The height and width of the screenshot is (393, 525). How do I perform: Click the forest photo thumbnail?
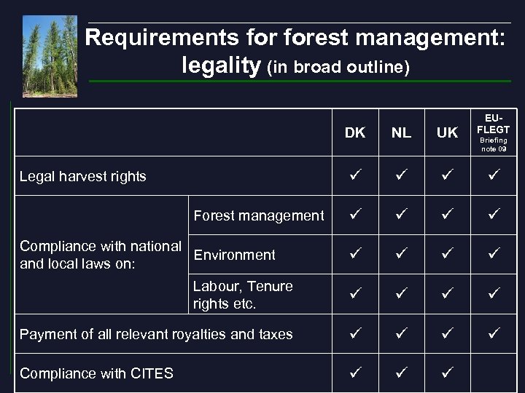click(49, 56)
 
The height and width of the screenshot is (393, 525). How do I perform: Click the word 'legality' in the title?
click(220, 66)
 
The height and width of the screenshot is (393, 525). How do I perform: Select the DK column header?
click(354, 132)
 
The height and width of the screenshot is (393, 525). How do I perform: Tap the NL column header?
click(401, 132)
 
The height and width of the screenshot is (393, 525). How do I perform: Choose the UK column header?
click(447, 132)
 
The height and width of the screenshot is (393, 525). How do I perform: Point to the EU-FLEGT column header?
click(494, 124)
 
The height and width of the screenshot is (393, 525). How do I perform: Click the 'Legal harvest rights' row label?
click(83, 176)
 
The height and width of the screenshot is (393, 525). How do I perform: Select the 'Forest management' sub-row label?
click(258, 215)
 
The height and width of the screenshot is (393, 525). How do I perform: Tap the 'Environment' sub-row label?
click(234, 255)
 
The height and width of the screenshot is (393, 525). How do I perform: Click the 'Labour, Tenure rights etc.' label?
click(243, 295)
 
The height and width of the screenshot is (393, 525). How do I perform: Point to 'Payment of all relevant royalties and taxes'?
click(156, 334)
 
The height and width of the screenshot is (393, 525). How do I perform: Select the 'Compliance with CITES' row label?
click(96, 373)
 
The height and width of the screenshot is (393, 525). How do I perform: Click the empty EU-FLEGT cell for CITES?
click(494, 373)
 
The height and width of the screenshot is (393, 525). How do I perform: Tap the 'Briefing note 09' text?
click(494, 144)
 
